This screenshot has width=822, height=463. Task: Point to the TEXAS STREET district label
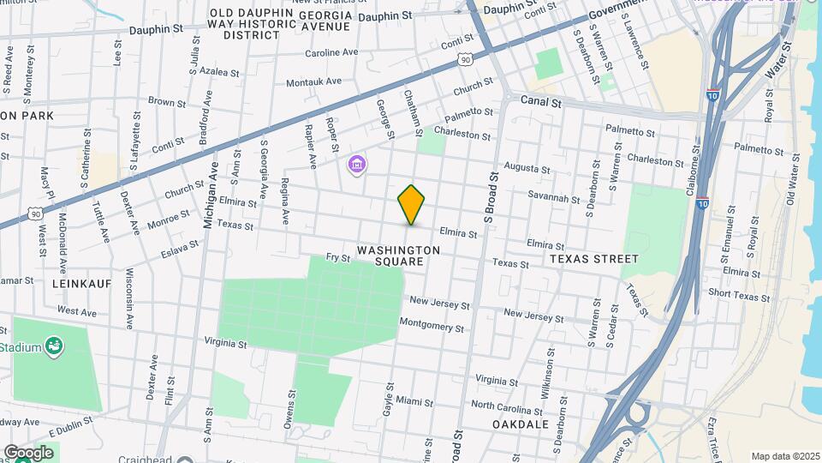point(594,258)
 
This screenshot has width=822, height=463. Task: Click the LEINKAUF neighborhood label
point(81,283)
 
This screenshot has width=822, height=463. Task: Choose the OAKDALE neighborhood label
point(521,424)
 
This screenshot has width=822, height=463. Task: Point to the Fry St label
point(339,257)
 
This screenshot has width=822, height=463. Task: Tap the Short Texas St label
point(739,297)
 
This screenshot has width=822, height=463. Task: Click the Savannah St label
point(554,198)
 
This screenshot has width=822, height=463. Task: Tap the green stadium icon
point(54,346)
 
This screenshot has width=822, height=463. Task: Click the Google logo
point(29,452)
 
